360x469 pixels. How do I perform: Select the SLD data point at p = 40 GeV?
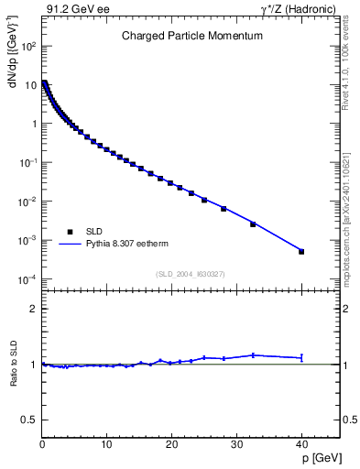coord(301,251)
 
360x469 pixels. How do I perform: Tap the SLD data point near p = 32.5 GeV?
coord(253,224)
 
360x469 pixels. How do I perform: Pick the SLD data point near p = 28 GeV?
coord(224,209)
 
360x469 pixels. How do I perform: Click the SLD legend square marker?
coord(70,232)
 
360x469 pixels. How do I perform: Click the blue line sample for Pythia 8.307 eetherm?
coord(70,245)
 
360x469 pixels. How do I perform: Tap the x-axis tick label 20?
coord(171,445)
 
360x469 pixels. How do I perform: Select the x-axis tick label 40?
coord(300,445)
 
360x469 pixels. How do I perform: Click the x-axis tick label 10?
coord(106,445)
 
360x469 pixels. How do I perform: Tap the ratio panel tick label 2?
coord(33,309)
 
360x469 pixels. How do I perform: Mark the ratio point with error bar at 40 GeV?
coord(301,357)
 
